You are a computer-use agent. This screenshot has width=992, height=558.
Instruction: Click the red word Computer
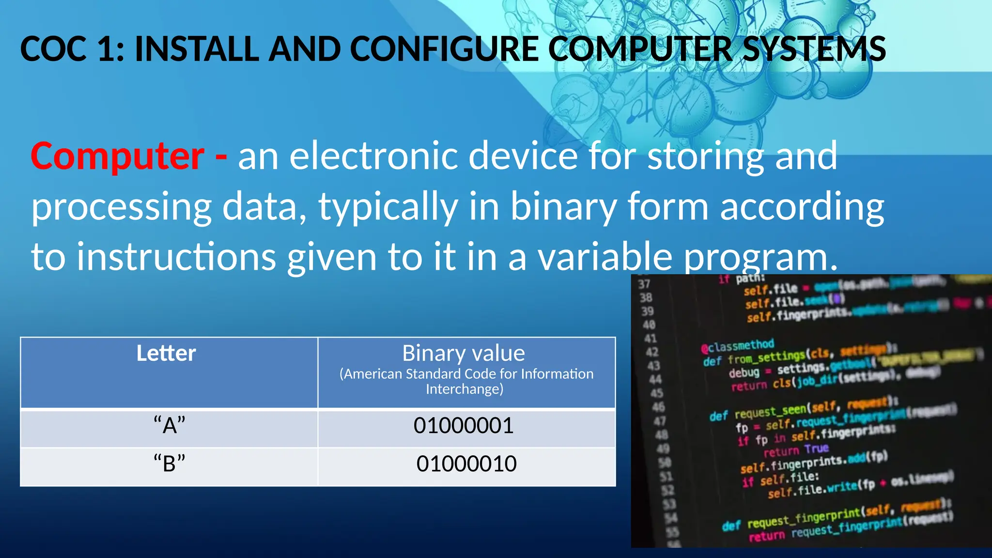(x=117, y=156)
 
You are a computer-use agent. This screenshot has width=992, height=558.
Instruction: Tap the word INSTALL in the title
(x=197, y=49)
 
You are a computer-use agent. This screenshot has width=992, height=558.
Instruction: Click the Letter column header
(x=166, y=353)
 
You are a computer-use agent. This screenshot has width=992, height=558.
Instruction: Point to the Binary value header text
(x=464, y=353)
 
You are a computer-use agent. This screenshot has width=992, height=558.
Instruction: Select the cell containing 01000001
(x=464, y=426)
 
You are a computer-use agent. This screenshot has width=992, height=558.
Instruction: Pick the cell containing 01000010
(x=466, y=464)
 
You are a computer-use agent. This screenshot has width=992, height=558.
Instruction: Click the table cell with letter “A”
(x=170, y=426)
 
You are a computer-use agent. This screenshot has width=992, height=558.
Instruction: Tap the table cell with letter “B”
(x=170, y=464)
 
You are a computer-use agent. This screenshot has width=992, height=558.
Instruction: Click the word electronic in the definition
(x=373, y=156)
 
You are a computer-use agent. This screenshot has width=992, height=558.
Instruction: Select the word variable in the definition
(x=605, y=257)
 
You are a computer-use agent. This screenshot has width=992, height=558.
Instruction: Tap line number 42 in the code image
(x=652, y=352)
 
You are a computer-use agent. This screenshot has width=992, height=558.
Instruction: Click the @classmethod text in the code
(x=737, y=345)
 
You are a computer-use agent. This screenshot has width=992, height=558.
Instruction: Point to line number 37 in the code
(x=644, y=284)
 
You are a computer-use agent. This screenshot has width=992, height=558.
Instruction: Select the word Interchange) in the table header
(x=465, y=389)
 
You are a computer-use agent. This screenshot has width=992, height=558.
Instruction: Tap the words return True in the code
(x=796, y=450)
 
